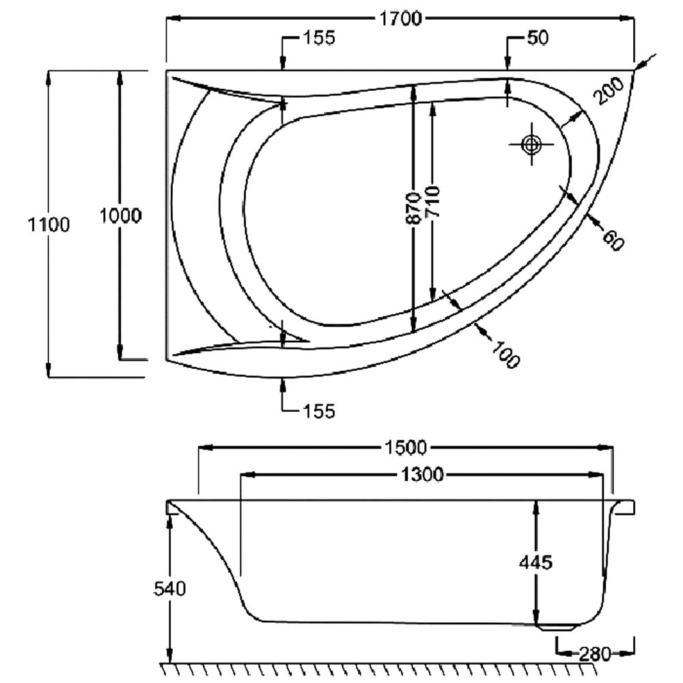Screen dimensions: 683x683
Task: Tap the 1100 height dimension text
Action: (48, 225)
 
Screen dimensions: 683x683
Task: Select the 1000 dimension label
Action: (121, 216)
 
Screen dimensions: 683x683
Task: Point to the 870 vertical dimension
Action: (413, 208)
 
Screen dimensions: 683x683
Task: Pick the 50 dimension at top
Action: (538, 38)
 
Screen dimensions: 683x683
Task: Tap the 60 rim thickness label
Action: (613, 239)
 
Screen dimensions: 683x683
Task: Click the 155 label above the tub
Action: (319, 38)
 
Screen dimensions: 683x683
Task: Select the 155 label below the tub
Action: (319, 411)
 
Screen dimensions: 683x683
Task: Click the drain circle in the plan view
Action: (531, 144)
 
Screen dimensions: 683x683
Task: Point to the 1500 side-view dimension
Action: (406, 447)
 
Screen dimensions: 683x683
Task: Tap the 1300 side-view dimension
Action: (421, 475)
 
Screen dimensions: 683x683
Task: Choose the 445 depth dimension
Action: (535, 562)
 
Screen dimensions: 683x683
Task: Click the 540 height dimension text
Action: (170, 589)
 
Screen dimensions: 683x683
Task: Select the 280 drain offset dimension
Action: (595, 654)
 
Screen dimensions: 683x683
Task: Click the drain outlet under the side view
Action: (559, 628)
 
